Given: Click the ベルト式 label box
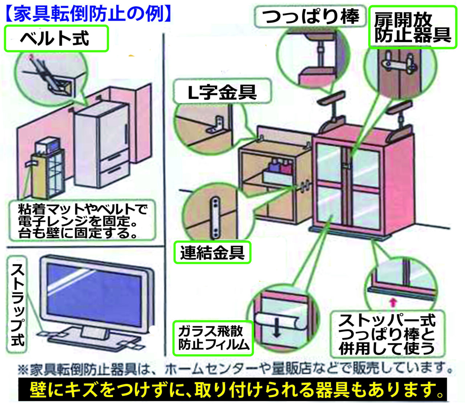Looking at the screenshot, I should [56, 38].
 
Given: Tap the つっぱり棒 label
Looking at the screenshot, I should [311, 16].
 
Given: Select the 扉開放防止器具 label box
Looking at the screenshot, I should [413, 27].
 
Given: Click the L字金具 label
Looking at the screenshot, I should [222, 92].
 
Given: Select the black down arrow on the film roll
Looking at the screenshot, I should [277, 327].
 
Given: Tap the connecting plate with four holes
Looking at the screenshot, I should [216, 217].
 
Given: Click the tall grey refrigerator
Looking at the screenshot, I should [102, 145].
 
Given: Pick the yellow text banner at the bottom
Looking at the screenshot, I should [232, 390].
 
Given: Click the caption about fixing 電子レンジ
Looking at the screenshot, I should [82, 221].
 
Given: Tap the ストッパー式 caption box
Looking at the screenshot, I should [387, 334].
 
